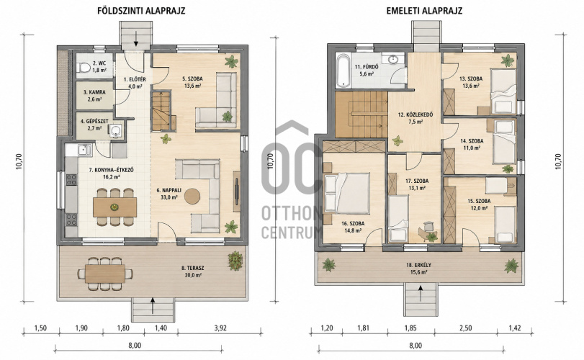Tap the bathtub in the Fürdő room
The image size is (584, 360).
tap(343, 70)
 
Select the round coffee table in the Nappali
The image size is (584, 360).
tap(192, 196)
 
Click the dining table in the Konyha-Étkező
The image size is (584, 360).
tap(114, 207)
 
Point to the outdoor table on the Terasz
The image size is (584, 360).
tap(104, 274)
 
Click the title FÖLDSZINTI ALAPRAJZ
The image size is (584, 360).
tap(141, 10)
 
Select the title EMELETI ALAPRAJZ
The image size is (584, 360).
tap(424, 10)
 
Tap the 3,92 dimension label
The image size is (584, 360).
tap(220, 328)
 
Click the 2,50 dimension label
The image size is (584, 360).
tap(465, 328)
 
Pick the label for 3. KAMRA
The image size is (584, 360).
tap(94, 92)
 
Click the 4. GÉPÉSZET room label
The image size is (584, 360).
tap(94, 122)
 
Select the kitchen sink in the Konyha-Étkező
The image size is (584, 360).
tap(84, 150)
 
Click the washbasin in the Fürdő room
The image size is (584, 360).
tap(393, 59)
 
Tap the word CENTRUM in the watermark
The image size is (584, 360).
tap(290, 233)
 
